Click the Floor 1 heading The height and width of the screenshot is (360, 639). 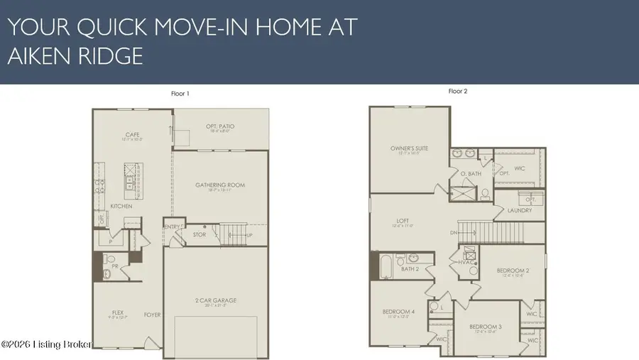tap(180, 94)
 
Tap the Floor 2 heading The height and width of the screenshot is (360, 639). tap(458, 91)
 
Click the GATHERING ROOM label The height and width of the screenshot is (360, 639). tap(220, 185)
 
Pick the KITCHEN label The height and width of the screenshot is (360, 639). tap(121, 206)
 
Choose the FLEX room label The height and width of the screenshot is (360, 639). tap(118, 312)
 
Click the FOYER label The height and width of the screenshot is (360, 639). tap(152, 314)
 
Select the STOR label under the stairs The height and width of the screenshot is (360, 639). tap(200, 234)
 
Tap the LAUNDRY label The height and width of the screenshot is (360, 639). tap(520, 210)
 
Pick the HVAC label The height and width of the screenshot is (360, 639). tap(466, 261)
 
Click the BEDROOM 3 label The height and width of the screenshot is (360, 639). tap(487, 326)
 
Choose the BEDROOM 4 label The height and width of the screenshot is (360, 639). tap(398, 312)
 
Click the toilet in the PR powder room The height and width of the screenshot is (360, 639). tap(109, 273)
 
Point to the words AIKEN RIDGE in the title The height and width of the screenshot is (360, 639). tap(75, 56)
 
